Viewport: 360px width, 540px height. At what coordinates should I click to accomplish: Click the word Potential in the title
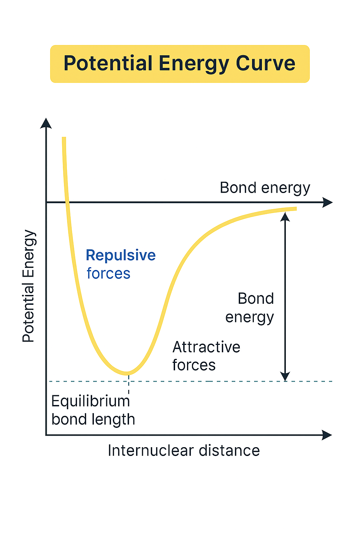point(108,64)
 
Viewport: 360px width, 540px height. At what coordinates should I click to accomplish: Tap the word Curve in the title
point(265,64)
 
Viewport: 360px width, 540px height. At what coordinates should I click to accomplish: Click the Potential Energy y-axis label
point(28,286)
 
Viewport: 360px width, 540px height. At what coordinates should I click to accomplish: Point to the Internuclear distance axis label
point(184,450)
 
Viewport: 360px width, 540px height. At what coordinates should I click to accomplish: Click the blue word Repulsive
point(121,255)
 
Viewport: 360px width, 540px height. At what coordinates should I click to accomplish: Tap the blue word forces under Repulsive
point(108,274)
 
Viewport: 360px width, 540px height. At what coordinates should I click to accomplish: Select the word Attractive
point(206,347)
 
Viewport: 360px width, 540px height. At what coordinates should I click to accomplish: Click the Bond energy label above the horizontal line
point(265,188)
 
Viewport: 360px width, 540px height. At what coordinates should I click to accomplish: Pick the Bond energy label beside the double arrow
point(250,308)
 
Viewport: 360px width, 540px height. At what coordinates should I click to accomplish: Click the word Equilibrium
point(90,401)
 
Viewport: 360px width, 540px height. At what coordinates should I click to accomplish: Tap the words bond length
point(93,419)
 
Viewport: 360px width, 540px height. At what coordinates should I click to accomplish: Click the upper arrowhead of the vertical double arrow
point(285,217)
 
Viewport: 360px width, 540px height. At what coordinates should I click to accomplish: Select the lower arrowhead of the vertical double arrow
point(285,377)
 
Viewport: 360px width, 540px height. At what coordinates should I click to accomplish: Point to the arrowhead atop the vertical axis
point(46,123)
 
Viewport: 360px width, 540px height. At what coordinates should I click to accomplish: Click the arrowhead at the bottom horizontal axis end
point(327,435)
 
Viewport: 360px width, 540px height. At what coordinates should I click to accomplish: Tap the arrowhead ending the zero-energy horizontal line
point(328,202)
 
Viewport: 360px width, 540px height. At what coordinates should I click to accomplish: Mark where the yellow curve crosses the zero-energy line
point(66,202)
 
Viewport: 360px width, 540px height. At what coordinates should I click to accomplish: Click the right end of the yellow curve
point(295,209)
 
